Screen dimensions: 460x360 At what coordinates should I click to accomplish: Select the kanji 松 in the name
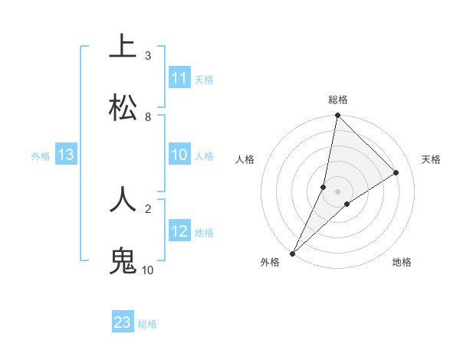(123, 107)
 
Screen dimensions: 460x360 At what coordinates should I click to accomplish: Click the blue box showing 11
(179, 78)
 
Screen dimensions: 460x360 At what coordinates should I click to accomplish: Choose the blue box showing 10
(179, 155)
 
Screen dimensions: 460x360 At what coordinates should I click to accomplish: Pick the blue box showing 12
(179, 231)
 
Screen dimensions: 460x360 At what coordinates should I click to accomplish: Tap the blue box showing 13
(66, 155)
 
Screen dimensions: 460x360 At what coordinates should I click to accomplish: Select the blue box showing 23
(123, 322)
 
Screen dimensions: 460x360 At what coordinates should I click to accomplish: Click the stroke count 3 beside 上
(148, 56)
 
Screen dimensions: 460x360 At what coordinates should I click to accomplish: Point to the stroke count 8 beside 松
(148, 117)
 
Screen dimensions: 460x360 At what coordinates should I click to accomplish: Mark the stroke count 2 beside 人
(148, 208)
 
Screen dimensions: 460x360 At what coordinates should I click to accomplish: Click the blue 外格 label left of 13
(41, 156)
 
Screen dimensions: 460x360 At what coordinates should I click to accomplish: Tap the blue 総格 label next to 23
(147, 324)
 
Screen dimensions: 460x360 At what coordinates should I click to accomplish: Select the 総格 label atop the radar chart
(338, 100)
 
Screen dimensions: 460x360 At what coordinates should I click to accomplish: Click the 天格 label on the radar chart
(432, 159)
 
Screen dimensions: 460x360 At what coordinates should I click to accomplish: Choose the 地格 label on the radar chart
(402, 262)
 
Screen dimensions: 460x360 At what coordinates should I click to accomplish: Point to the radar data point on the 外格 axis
(292, 253)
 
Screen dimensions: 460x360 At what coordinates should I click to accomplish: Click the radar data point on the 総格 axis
(337, 116)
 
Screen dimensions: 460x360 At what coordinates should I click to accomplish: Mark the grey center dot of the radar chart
(338, 191)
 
